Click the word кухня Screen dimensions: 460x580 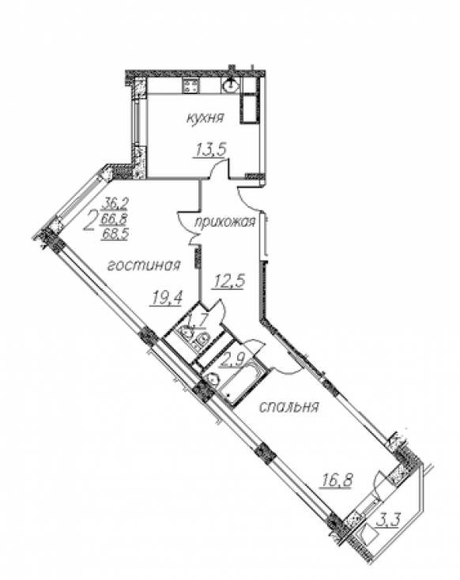pyautogui.click(x=205, y=119)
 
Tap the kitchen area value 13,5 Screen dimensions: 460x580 pyautogui.click(x=210, y=151)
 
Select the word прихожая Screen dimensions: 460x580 pyautogui.click(x=225, y=222)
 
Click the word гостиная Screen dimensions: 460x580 pyautogui.click(x=144, y=266)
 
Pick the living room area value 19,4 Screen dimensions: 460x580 pyautogui.click(x=166, y=297)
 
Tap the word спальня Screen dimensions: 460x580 pyautogui.click(x=288, y=407)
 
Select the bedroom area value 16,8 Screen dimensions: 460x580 pyautogui.click(x=336, y=481)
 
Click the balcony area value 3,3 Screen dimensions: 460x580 pyautogui.click(x=389, y=522)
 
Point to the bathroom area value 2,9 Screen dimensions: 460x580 pyautogui.click(x=232, y=359)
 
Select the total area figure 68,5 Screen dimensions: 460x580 pyautogui.click(x=115, y=235)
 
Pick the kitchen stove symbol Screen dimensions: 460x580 pyautogui.click(x=191, y=86)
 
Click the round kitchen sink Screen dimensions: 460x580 pyautogui.click(x=230, y=86)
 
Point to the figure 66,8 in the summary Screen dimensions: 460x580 pyautogui.click(x=113, y=219)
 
